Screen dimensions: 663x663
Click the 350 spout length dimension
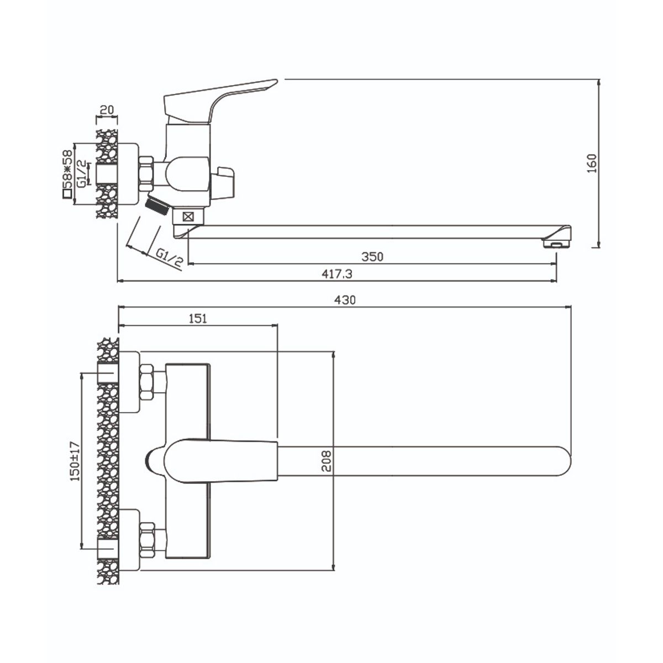(372, 257)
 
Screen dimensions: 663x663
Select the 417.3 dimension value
(337, 274)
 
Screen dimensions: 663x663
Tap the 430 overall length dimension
(345, 300)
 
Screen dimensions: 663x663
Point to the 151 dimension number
(198, 319)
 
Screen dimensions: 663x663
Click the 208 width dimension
(325, 461)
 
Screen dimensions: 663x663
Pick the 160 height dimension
(592, 163)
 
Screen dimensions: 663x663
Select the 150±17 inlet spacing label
(75, 461)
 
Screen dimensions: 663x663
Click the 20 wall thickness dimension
(107, 110)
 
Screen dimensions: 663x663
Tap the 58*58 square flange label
(67, 174)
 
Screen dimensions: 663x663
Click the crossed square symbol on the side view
(188, 217)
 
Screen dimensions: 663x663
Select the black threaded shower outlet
(156, 206)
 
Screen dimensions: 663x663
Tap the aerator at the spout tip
(556, 244)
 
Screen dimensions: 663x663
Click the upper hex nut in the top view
(146, 382)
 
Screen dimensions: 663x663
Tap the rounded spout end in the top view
(561, 461)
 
